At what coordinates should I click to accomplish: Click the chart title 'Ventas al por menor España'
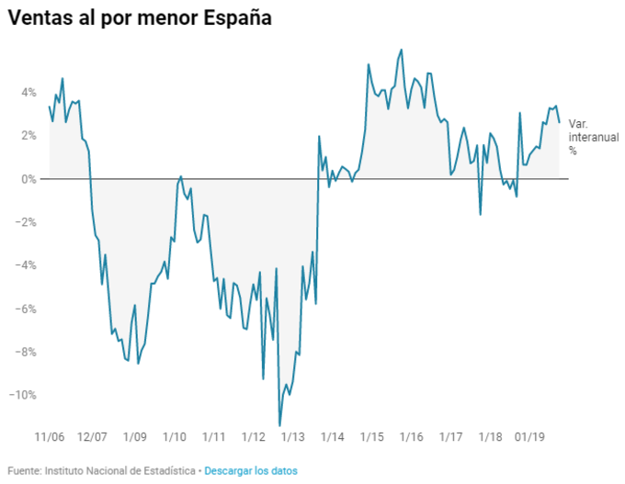click(x=141, y=18)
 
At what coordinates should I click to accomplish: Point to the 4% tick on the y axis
click(x=28, y=92)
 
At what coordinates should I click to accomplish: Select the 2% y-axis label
click(x=28, y=135)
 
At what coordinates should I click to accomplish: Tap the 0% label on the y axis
click(x=28, y=178)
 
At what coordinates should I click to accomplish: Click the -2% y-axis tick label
click(x=26, y=221)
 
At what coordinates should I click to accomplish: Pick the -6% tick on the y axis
click(x=26, y=309)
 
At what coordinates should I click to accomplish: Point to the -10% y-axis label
click(x=23, y=395)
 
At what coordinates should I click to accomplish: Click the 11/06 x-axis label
click(x=50, y=439)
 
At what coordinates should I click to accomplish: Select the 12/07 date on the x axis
click(x=92, y=439)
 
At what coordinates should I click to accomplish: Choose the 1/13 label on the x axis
click(x=293, y=439)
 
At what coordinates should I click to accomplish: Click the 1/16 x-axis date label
click(x=411, y=439)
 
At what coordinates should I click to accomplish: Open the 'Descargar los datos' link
click(x=251, y=470)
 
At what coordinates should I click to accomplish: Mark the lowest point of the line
click(x=280, y=425)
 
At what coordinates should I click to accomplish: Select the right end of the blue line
click(x=560, y=122)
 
